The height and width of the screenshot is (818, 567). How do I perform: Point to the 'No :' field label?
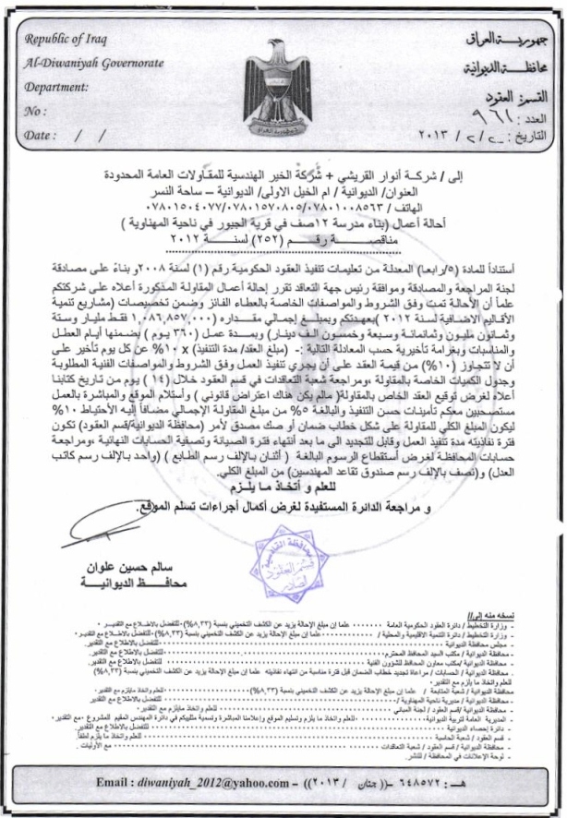(38, 113)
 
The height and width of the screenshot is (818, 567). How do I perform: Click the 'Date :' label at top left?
(42, 135)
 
